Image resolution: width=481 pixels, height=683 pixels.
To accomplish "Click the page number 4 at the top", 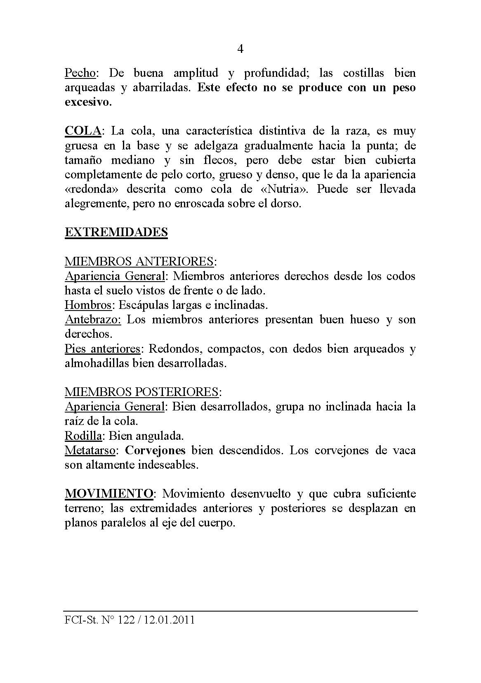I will click(240, 50).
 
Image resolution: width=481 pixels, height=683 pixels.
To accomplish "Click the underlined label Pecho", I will click(80, 74).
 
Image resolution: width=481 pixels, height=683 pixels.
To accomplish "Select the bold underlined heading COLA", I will click(83, 131).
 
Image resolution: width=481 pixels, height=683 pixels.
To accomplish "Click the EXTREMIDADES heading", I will click(116, 232).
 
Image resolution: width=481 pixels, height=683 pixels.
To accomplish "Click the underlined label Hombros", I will click(88, 305).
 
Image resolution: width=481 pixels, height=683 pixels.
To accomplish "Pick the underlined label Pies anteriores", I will click(102, 349).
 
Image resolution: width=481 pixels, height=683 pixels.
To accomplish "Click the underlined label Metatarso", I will click(90, 450).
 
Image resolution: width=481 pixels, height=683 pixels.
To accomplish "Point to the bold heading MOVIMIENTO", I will click(109, 493).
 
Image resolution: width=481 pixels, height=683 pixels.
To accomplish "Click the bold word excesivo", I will click(88, 102).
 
